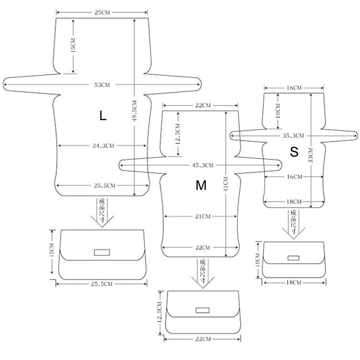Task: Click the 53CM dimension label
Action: click(102, 85)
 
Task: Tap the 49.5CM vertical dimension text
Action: click(135, 111)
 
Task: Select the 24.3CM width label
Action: click(103, 146)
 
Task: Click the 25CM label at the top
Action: click(102, 13)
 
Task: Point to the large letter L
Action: click(103, 116)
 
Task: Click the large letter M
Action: click(201, 185)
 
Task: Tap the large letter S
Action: click(294, 152)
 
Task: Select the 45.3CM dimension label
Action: click(202, 165)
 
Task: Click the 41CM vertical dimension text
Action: click(226, 184)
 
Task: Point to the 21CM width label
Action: click(203, 216)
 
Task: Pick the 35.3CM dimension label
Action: click(293, 136)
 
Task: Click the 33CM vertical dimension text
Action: click(310, 155)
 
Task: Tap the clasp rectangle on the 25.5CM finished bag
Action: click(102, 252)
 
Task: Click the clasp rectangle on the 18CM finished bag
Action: click(293, 258)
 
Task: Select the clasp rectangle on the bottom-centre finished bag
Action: click(202, 310)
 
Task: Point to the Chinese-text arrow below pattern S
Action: click(293, 224)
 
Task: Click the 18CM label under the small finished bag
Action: click(294, 283)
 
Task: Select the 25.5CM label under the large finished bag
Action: click(102, 284)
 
